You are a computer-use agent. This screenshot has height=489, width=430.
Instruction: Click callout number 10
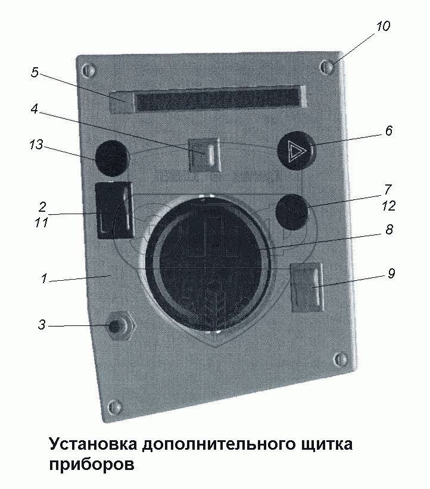(x=383, y=26)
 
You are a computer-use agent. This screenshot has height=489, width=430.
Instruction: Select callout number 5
(x=35, y=73)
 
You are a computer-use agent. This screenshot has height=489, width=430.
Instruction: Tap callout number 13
(x=36, y=145)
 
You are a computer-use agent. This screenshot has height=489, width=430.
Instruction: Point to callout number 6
(x=388, y=131)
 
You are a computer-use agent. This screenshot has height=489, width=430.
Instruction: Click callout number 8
(x=389, y=230)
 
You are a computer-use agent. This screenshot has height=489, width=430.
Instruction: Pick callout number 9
(x=391, y=274)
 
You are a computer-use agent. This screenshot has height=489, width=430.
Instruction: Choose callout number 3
(x=41, y=325)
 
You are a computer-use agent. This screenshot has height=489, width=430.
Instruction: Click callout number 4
(x=35, y=109)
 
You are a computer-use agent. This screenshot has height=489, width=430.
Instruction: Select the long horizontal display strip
(x=217, y=99)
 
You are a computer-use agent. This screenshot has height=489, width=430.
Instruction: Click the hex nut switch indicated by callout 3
(x=120, y=327)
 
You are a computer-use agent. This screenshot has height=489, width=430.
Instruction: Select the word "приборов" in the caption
(x=92, y=463)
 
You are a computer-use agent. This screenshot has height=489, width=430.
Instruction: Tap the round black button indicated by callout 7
(x=292, y=212)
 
